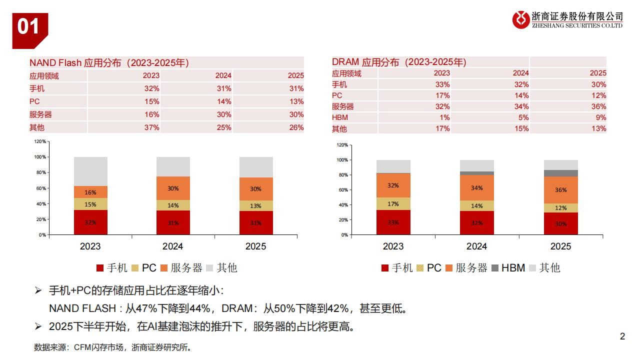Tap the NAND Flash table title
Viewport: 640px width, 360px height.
(109, 62)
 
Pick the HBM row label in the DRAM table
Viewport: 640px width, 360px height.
(340, 117)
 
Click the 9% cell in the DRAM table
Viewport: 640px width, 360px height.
(600, 117)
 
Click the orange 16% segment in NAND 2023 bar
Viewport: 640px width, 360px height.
(90, 192)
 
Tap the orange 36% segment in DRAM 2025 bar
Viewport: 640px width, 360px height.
(561, 190)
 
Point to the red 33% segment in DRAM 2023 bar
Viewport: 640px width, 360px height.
(393, 222)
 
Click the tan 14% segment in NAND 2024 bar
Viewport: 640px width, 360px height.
(173, 205)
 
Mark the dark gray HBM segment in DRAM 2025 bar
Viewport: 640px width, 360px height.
(561, 173)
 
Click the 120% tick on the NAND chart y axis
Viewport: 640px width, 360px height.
(40, 141)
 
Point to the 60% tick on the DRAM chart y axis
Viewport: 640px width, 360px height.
(342, 190)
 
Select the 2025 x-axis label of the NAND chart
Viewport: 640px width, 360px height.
(256, 246)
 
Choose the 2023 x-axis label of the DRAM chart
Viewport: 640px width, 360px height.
(393, 246)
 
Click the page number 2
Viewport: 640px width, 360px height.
(622, 336)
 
